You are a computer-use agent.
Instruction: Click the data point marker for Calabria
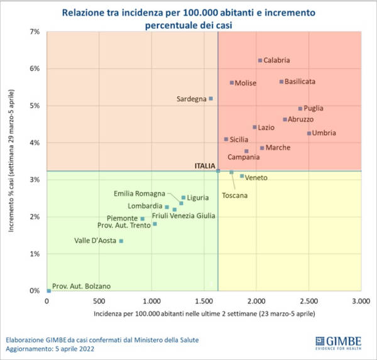pyautogui.click(x=260, y=60)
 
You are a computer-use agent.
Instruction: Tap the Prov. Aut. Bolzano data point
pyautogui.click(x=49, y=290)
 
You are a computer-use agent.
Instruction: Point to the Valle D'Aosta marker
pyautogui.click(x=121, y=241)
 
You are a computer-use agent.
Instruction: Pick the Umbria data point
pyautogui.click(x=309, y=133)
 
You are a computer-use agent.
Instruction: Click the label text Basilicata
pyautogui.click(x=300, y=82)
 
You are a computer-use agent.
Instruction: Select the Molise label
pyautogui.click(x=245, y=83)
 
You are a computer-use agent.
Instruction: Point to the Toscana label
pyautogui.click(x=235, y=195)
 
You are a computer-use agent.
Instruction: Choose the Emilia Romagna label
pyautogui.click(x=139, y=194)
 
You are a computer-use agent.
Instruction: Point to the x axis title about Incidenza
pyautogui.click(x=204, y=312)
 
